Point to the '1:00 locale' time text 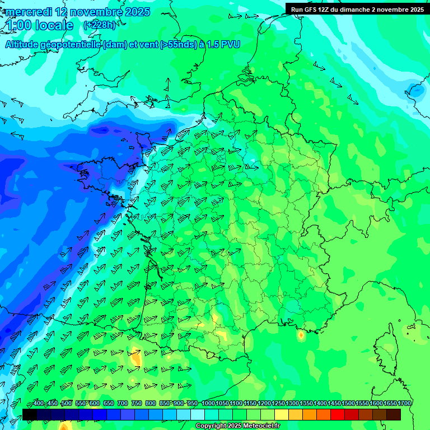[x=40, y=25]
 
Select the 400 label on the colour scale [x=39, y=404]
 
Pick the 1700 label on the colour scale [x=393, y=404]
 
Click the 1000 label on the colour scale [x=208, y=404]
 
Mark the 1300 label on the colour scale [x=292, y=404]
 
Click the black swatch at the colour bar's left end [x=30, y=414]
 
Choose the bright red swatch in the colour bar [x=338, y=414]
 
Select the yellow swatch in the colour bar [x=282, y=414]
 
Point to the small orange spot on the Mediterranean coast [x=301, y=335]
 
